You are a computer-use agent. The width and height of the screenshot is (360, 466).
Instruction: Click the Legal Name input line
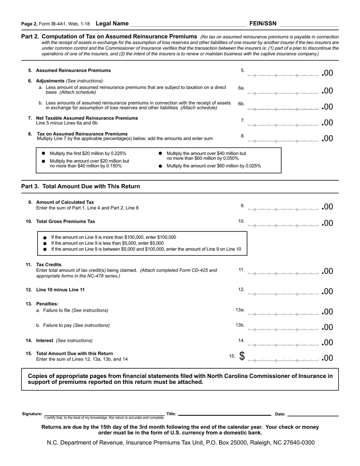pyautogui.click(x=188, y=24)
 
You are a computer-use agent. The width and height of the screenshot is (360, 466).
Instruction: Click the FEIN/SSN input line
pyautogui.click(x=309, y=24)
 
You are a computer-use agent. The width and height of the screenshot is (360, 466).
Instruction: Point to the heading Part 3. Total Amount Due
pyautogui.click(x=81, y=186)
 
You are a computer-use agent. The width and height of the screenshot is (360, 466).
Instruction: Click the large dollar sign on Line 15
pyautogui.click(x=242, y=357)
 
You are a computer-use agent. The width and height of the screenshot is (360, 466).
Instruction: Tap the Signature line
pyautogui.click(x=104, y=414)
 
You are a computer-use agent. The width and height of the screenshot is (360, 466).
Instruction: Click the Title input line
pyautogui.click(x=224, y=414)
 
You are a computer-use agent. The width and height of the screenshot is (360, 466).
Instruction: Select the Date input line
pyautogui.click(x=313, y=414)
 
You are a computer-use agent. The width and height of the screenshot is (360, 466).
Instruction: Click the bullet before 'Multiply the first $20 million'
pyautogui.click(x=43, y=153)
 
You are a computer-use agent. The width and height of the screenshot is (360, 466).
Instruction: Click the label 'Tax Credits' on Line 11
pyautogui.click(x=49, y=264)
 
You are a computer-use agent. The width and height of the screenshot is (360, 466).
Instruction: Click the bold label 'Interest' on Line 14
pyautogui.click(x=45, y=341)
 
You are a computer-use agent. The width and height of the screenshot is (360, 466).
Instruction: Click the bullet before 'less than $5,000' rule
pyautogui.click(x=45, y=243)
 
